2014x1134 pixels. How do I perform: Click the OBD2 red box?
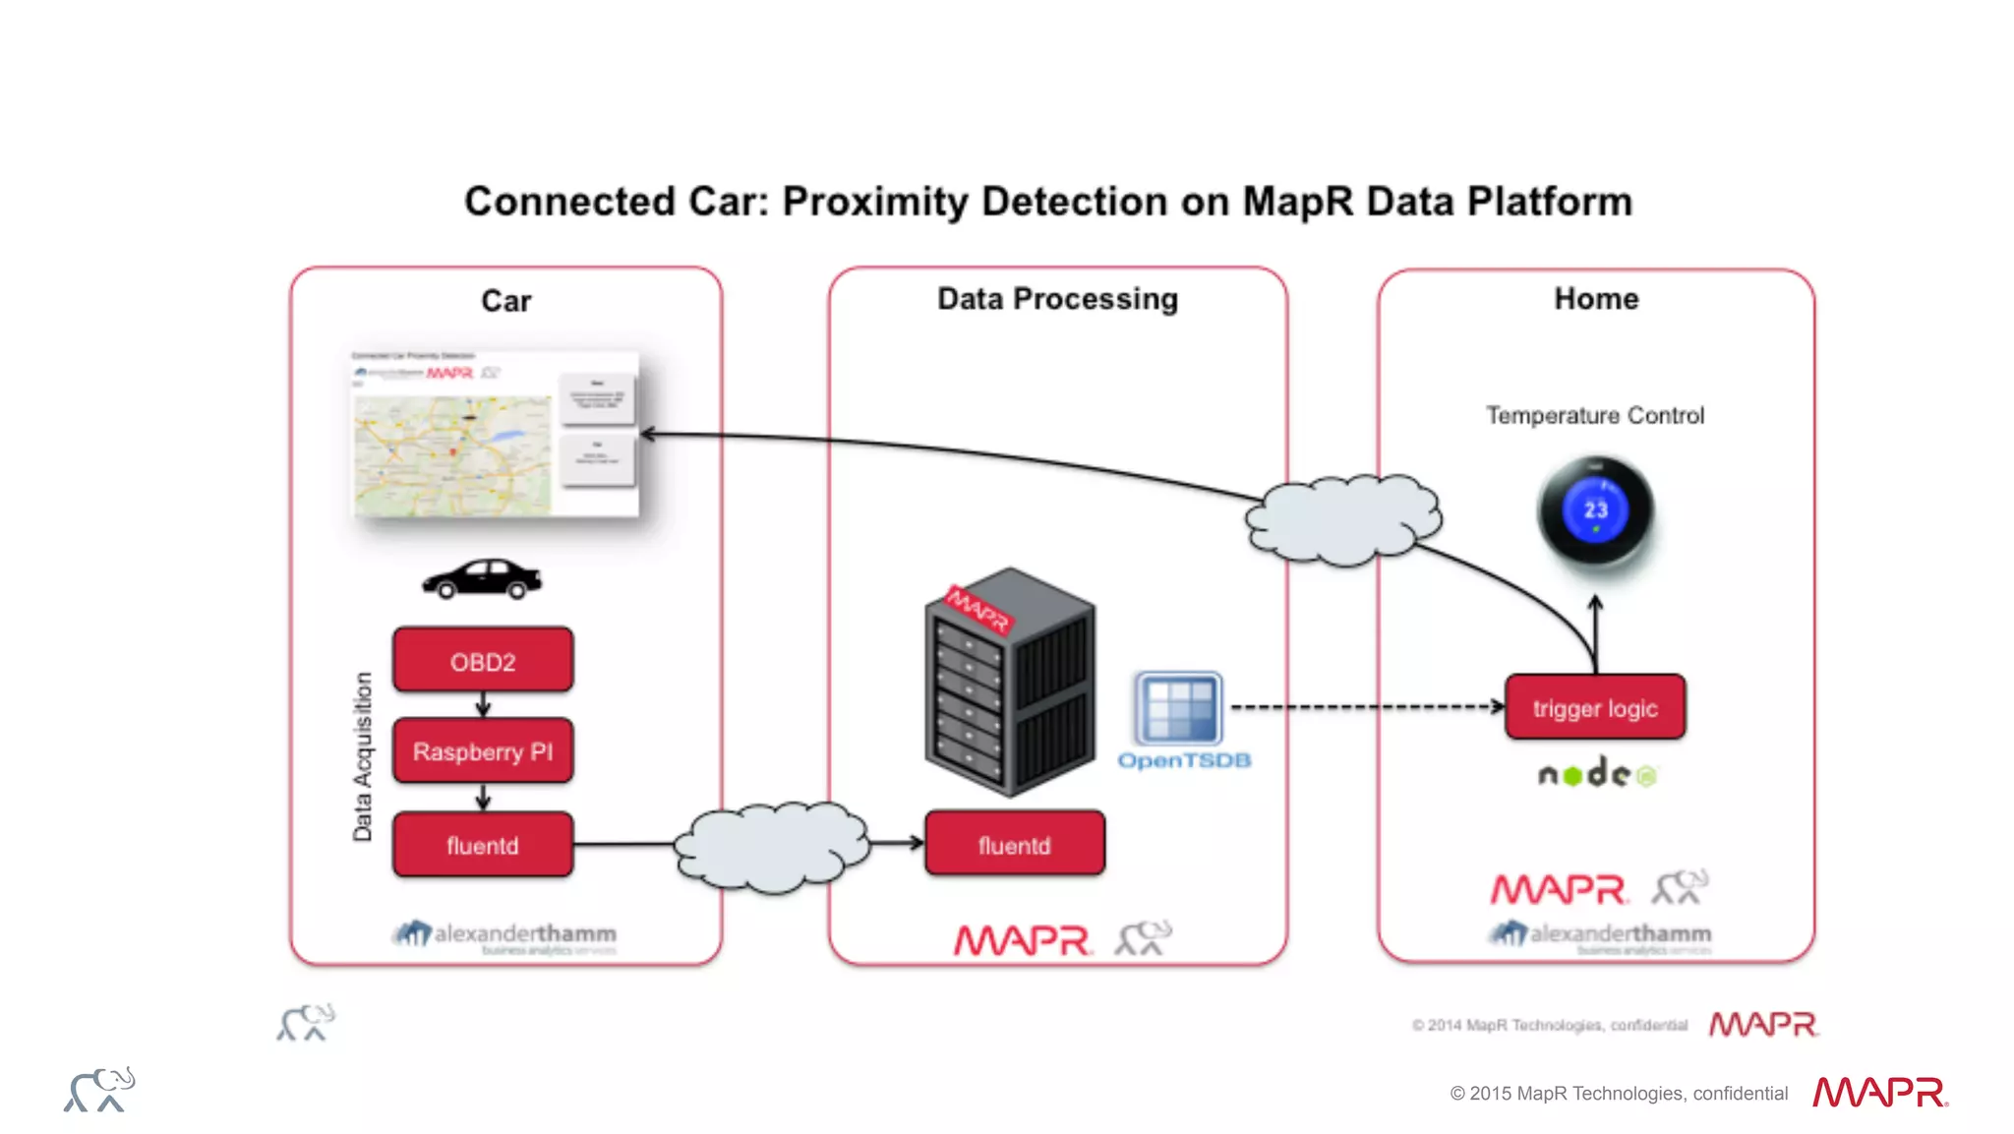(482, 660)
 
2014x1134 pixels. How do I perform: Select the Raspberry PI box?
(482, 751)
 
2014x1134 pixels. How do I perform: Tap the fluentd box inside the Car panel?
(482, 845)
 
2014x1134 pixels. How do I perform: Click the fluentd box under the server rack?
(1014, 844)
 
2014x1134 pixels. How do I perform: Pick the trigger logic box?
(1594, 707)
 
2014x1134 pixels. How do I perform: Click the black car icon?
(482, 578)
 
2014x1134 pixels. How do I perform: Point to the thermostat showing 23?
(1595, 510)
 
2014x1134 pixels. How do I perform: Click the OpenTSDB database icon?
(1178, 708)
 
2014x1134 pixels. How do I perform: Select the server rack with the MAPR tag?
(1009, 681)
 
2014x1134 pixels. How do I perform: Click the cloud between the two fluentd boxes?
(772, 846)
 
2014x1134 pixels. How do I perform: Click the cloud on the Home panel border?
(1343, 519)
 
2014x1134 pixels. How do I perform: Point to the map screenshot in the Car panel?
(495, 435)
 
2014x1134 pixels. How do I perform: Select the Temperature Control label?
(1594, 415)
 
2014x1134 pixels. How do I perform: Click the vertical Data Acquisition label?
(363, 756)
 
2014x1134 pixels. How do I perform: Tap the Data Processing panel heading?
(1057, 299)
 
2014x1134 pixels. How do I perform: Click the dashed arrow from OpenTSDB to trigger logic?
(1367, 706)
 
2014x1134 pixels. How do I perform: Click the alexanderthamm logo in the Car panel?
(505, 935)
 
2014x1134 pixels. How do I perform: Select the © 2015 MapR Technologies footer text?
(1618, 1093)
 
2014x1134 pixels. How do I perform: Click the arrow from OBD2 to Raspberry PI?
(483, 704)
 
